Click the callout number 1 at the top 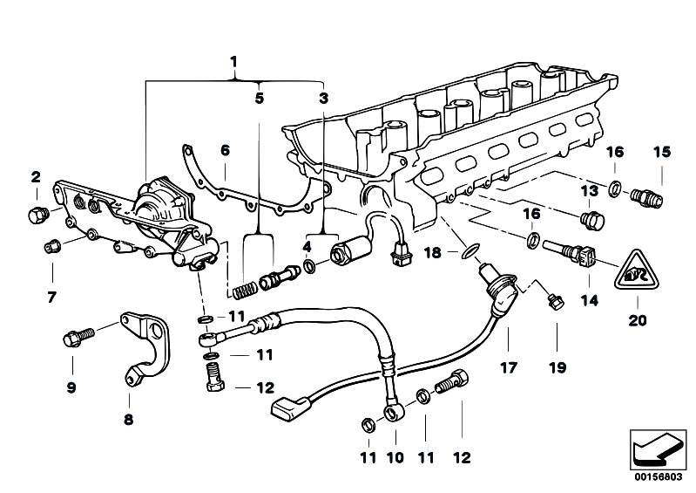pos(233,61)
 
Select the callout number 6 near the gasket pos(225,150)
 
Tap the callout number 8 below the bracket pos(129,419)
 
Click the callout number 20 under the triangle pos(639,319)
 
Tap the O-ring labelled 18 pos(470,252)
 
